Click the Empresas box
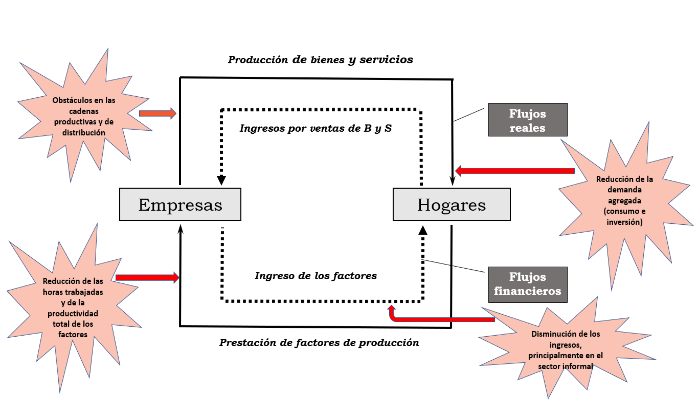[x=180, y=205]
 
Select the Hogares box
[x=451, y=205]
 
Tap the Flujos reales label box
[x=527, y=120]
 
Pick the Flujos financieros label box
[x=527, y=284]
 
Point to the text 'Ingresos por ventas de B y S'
[x=315, y=128]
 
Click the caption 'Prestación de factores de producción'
[x=319, y=343]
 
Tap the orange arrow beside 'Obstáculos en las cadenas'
[x=157, y=113]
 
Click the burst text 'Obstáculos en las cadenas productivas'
[x=84, y=116]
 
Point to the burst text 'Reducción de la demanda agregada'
[x=624, y=200]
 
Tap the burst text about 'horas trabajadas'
[x=73, y=308]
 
